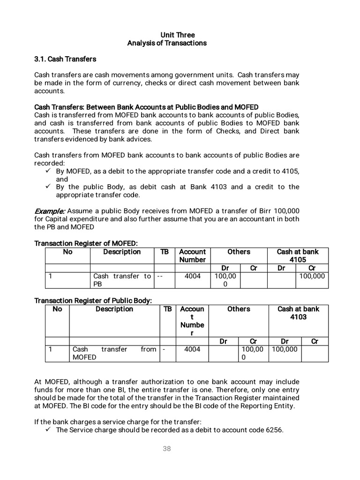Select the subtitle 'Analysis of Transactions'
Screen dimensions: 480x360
167,43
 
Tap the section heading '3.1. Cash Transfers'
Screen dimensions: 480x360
65,59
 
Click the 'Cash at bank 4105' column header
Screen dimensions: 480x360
298,255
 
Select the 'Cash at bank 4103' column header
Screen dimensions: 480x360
298,313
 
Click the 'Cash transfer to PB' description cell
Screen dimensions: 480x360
122,280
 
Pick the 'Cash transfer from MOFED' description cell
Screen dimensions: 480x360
114,353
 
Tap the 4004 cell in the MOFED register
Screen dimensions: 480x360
193,276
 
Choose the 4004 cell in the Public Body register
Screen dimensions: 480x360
192,349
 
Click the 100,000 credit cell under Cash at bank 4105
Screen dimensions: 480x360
312,276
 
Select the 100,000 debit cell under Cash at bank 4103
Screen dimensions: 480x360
284,349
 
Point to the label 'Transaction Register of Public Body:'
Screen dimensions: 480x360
93,300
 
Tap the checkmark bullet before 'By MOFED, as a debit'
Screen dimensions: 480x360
48,171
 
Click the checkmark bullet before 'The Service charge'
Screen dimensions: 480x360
48,429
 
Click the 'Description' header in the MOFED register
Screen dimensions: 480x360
122,252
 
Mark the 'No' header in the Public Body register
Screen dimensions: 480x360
57,309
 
